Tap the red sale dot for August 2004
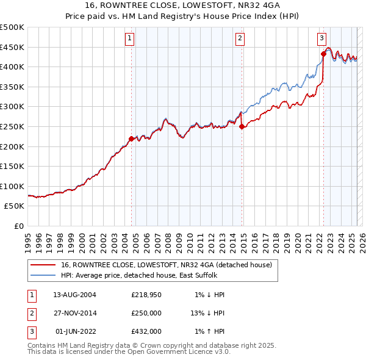pos(131,139)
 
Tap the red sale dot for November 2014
pos(242,126)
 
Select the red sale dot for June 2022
pos(323,54)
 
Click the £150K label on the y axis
pos(12,166)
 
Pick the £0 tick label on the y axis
pos(18,226)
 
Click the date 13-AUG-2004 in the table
pos(74,295)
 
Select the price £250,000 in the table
pos(146,313)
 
